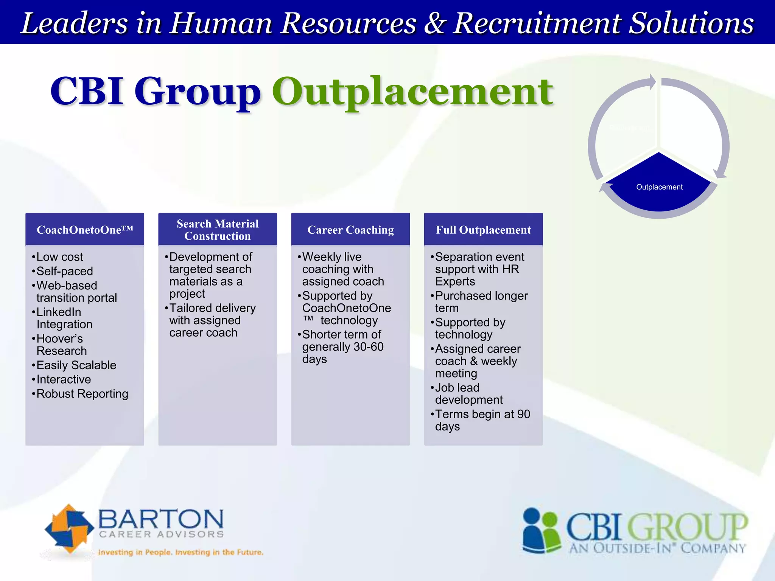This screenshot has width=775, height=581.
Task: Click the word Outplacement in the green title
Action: pos(412,92)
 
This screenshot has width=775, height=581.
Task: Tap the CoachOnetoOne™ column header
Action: pos(85,230)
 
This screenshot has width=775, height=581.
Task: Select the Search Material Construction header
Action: pos(218,230)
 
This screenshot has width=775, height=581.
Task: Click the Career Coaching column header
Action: pos(350,230)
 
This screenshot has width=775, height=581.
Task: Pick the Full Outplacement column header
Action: pos(483,230)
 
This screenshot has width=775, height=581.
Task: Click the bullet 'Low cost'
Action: pos(59,257)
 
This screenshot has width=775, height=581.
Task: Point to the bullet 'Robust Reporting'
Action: pos(82,394)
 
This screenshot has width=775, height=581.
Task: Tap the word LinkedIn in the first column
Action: pos(59,312)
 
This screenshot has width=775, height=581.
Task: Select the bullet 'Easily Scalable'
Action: pos(76,365)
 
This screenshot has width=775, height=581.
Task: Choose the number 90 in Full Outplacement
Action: pos(523,414)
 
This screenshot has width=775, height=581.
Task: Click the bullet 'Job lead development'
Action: pos(468,394)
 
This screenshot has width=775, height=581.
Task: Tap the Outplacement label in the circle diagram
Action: pos(659,187)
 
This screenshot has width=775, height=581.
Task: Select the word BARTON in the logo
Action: pos(161,519)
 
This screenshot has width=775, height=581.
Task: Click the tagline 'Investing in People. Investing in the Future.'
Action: pos(181,552)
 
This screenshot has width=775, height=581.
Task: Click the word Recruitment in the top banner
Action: pos(538,23)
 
